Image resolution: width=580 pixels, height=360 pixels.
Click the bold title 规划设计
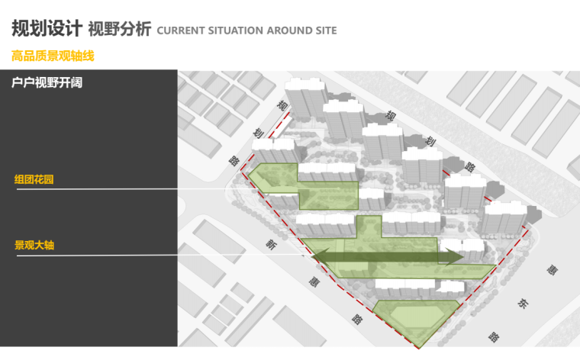46,28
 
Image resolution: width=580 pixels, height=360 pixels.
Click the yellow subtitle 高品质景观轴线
53,56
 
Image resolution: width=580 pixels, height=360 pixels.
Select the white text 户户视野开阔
47,82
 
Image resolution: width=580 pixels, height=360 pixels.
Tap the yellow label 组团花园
34,180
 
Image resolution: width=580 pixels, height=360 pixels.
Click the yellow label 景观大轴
34,246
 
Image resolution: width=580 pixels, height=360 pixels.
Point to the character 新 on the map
270,244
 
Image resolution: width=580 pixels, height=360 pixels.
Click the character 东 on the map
523,303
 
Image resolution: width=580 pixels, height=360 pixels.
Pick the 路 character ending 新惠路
356,318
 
